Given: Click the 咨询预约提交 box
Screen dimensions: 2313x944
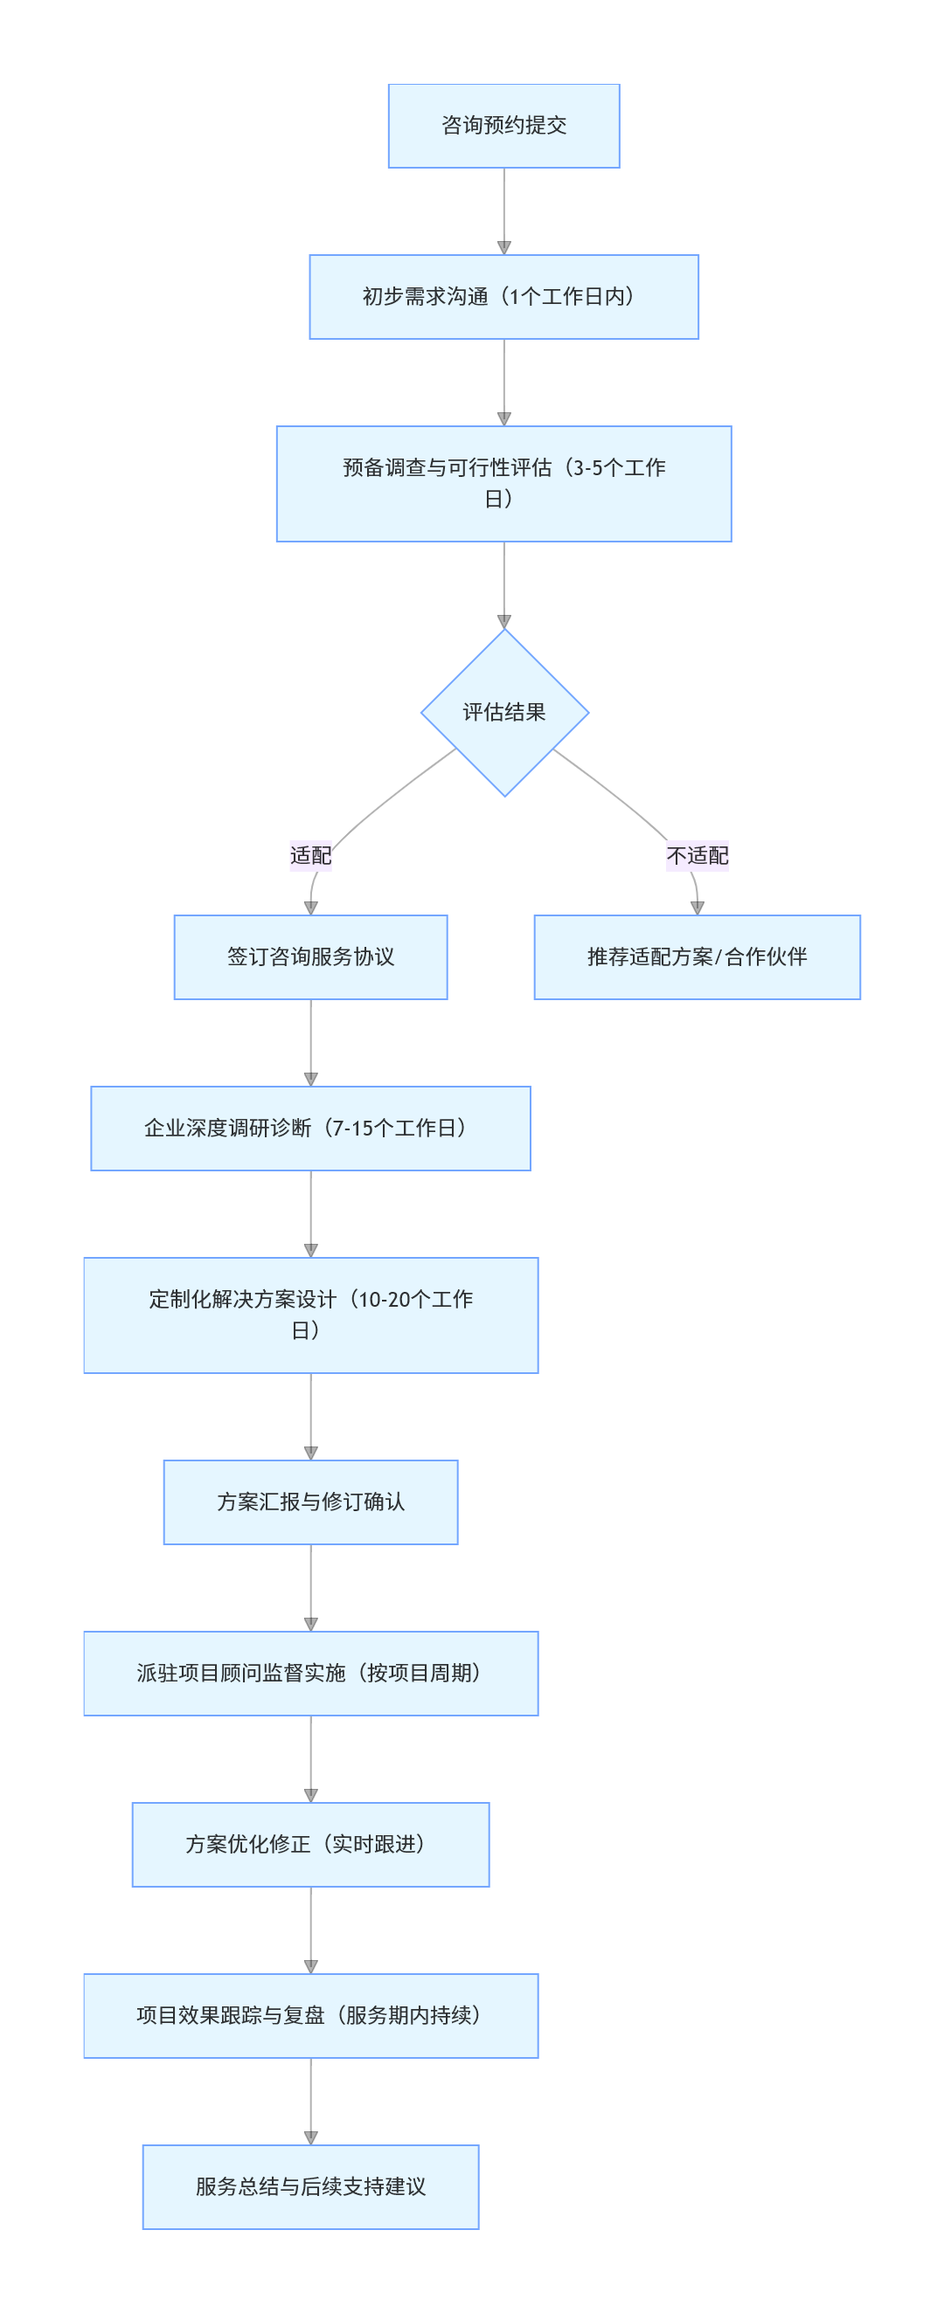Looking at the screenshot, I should coord(503,126).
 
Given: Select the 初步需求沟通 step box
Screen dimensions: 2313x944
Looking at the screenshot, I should coord(503,296).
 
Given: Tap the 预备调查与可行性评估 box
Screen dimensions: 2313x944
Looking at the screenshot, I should coord(503,483).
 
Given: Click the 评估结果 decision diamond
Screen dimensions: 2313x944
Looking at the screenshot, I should coord(503,712).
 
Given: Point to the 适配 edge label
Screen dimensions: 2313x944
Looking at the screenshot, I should coord(311,855).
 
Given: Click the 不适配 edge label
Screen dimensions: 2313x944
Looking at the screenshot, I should coord(697,855).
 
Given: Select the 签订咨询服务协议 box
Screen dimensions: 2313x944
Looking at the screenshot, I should coord(311,956).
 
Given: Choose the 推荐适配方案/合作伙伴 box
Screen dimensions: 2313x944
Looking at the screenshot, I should coord(697,956).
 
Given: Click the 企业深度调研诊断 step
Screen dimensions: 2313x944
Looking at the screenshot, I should coord(311,1128).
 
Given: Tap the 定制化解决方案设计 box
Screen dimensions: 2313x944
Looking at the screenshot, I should coord(311,1315).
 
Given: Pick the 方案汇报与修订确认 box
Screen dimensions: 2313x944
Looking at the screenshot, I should coord(311,1502).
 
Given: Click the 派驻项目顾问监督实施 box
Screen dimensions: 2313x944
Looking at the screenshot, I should coord(311,1673).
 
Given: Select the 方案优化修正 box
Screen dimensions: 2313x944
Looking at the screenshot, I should coord(311,1844).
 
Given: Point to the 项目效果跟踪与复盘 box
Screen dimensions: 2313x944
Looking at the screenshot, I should coord(311,2015).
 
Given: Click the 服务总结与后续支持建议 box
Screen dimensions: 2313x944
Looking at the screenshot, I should coord(311,2186).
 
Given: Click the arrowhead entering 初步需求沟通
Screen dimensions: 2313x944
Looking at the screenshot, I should coord(503,248).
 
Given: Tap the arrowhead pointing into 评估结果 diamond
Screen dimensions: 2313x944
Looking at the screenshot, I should coord(503,621).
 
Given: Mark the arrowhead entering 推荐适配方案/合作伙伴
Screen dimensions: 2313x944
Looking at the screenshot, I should coord(697,908).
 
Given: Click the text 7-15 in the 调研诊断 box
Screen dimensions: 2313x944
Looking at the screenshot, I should coord(352,1129).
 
